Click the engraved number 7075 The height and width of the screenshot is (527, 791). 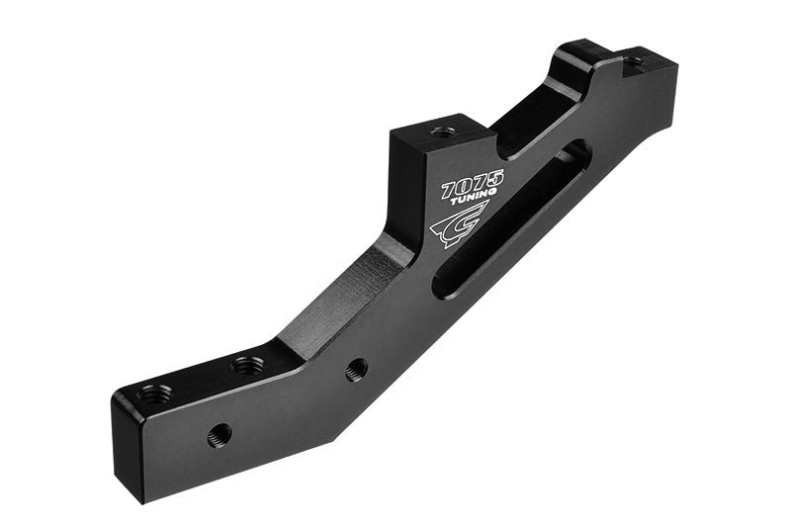click(473, 183)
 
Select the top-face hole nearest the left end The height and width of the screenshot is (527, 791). click(154, 394)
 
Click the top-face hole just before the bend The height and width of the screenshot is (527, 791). click(247, 365)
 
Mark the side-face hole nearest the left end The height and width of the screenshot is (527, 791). click(220, 433)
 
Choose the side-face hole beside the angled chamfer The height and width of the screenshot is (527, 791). click(357, 369)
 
